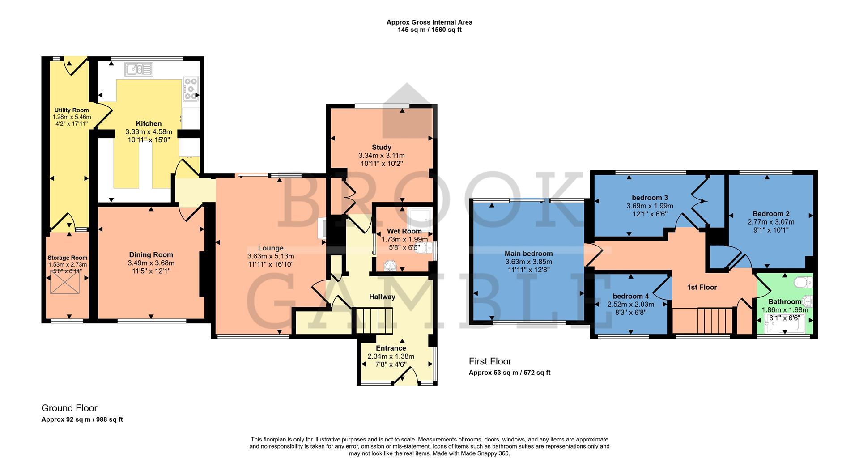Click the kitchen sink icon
pyautogui.click(x=139, y=69)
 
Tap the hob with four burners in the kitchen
pyautogui.click(x=191, y=89)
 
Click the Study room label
pyautogui.click(x=381, y=147)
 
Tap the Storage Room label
pyautogui.click(x=68, y=258)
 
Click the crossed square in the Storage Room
pyautogui.click(x=65, y=283)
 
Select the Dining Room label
pyautogui.click(x=151, y=255)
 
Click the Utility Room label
pyautogui.click(x=72, y=110)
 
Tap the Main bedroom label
pyautogui.click(x=528, y=254)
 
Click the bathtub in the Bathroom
pyautogui.click(x=784, y=324)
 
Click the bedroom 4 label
pyautogui.click(x=630, y=296)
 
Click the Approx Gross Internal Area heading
pyautogui.click(x=429, y=22)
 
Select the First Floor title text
pyautogui.click(x=490, y=361)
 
